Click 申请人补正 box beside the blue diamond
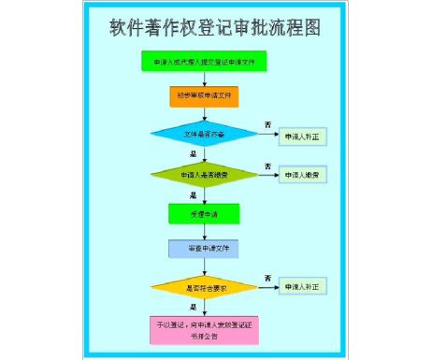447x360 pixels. (303, 137)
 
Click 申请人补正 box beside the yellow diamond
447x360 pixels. (303, 286)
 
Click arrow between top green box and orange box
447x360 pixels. (204, 79)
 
